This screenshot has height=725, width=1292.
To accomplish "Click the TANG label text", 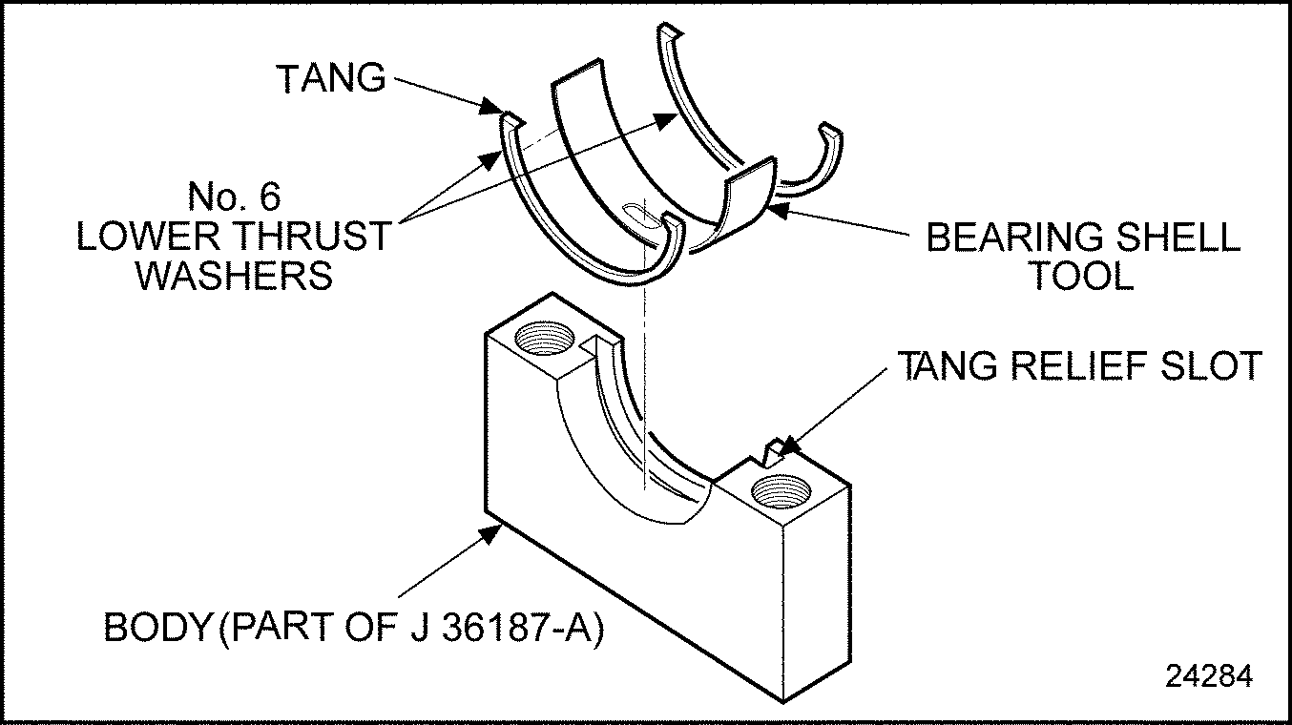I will [x=330, y=78].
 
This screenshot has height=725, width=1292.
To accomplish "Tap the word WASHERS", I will [x=234, y=276].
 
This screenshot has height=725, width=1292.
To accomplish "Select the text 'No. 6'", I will [x=235, y=197].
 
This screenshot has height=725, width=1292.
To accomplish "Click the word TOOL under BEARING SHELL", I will [x=1081, y=276].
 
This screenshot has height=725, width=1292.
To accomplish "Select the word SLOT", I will [x=1215, y=365].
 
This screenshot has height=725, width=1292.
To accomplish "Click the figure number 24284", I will [x=1208, y=674].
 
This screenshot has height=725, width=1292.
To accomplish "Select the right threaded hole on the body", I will [x=782, y=492].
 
